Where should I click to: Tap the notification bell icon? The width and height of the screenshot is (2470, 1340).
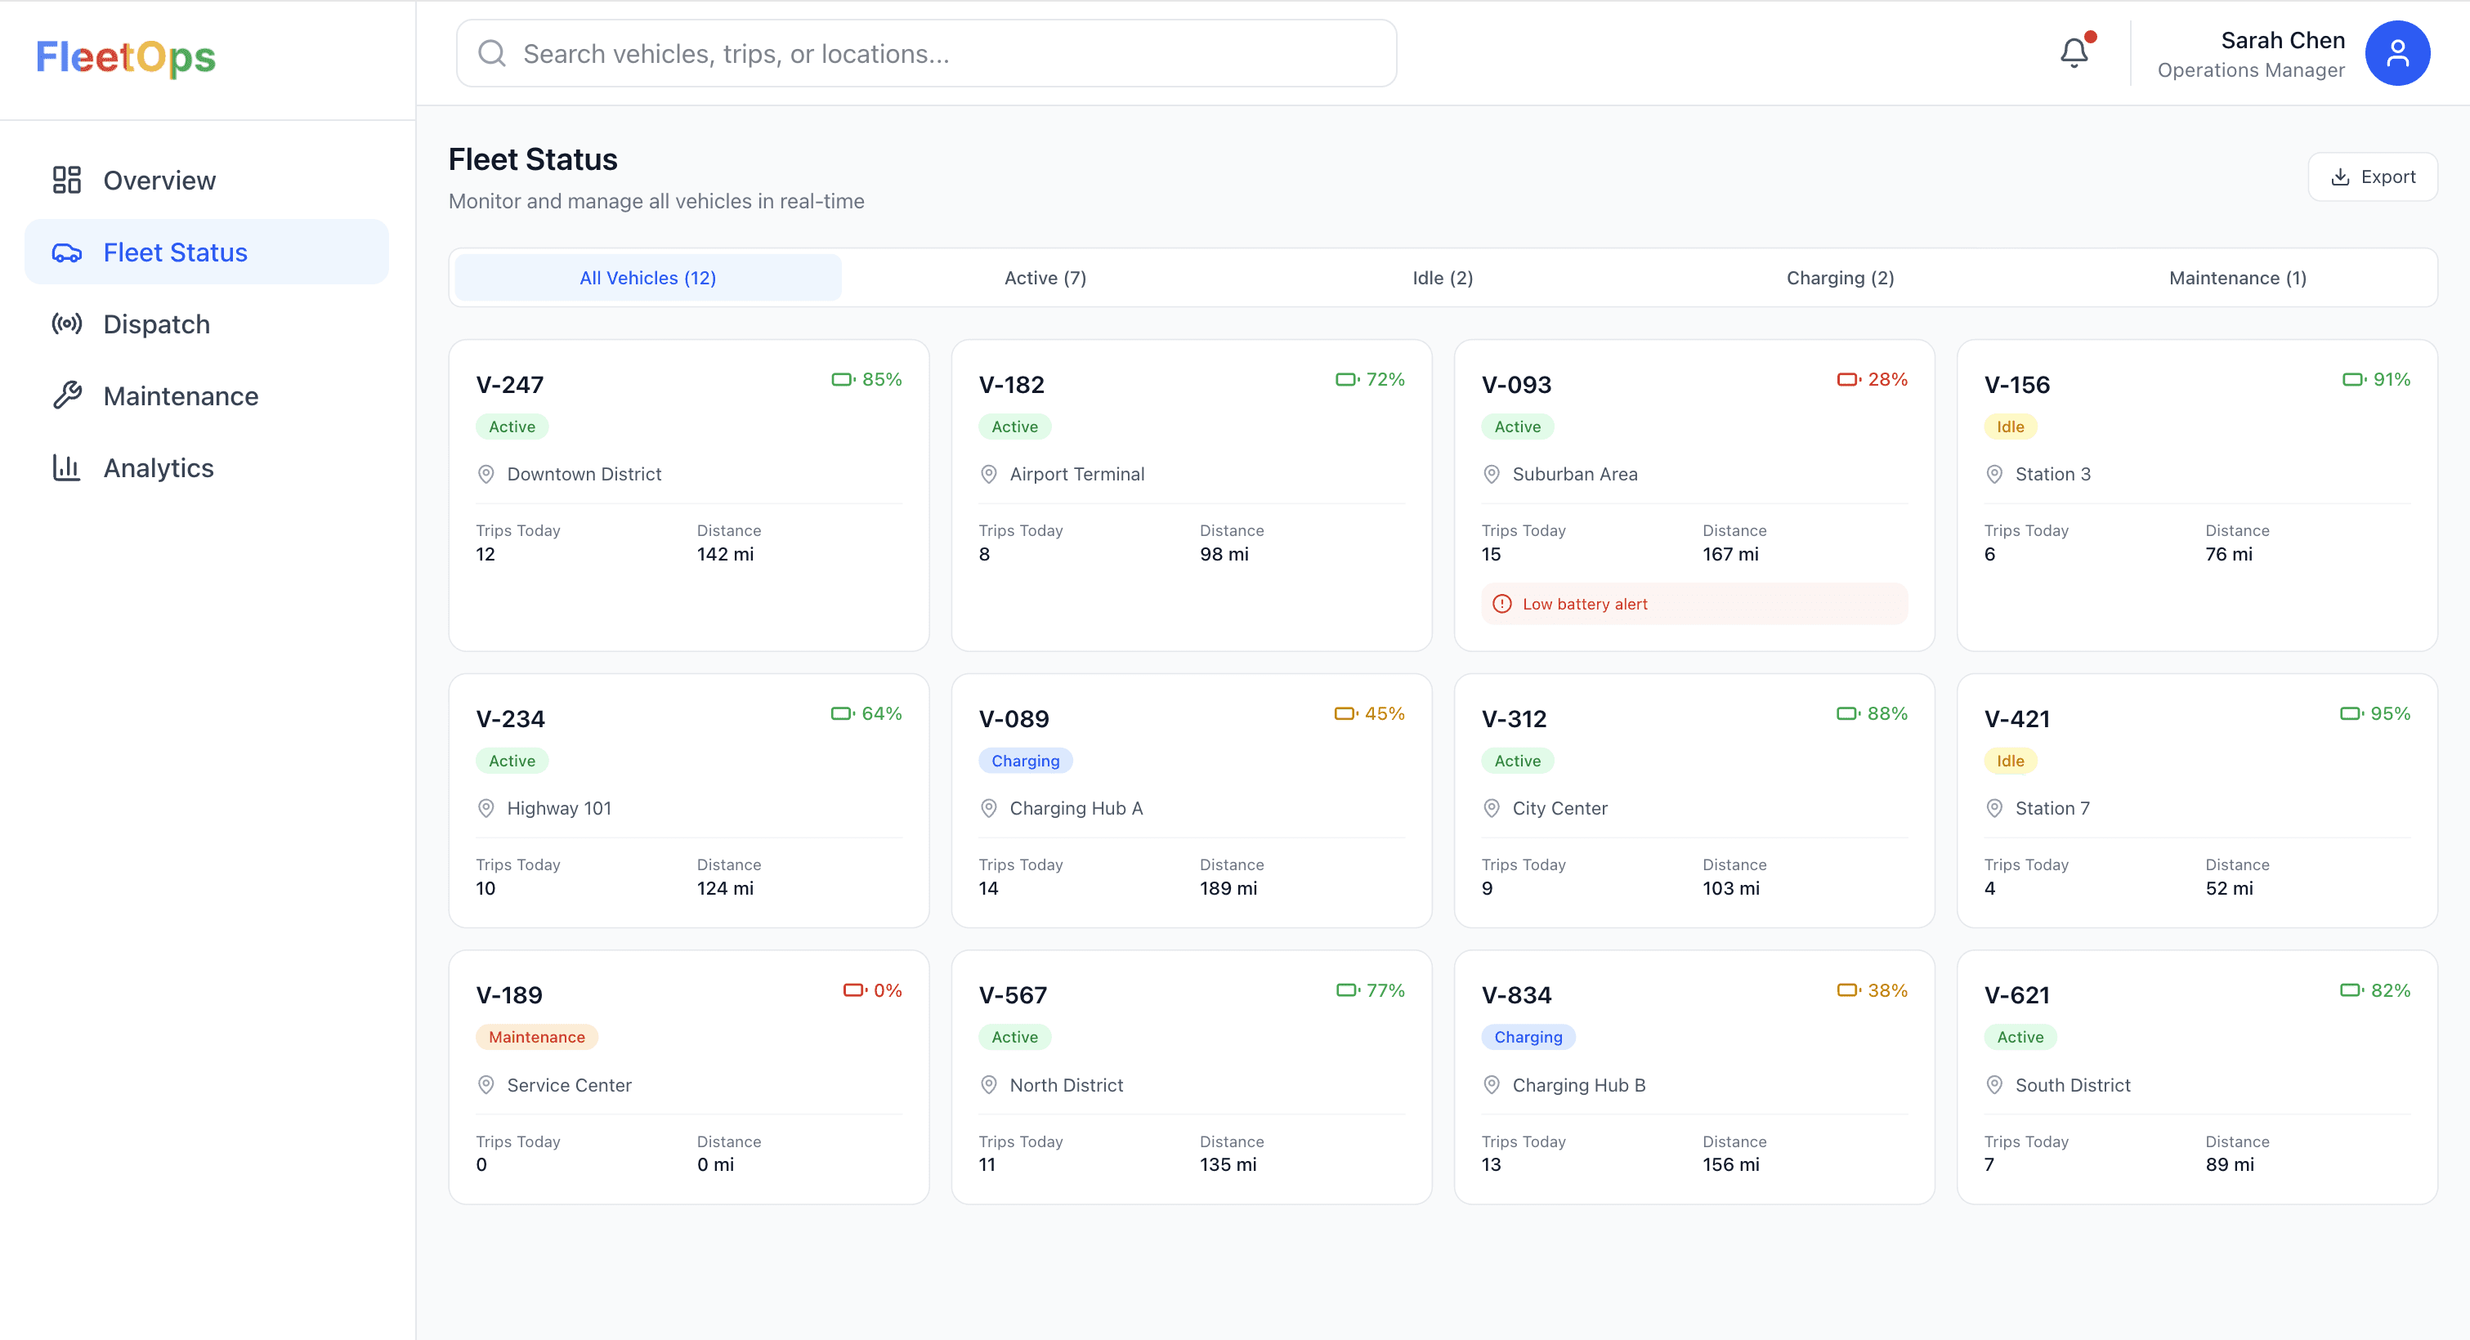[x=2074, y=53]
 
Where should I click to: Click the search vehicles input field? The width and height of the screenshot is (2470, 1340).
[x=925, y=54]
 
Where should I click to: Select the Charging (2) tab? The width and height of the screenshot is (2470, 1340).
[x=1839, y=278]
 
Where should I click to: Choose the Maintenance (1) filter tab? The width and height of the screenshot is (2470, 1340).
[x=2237, y=278]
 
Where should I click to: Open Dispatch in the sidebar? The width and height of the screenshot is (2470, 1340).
[x=156, y=324]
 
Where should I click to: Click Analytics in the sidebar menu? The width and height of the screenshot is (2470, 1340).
[x=159, y=467]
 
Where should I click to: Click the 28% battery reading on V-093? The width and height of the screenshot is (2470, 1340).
[x=1886, y=380]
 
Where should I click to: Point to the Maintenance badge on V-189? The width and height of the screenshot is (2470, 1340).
[x=536, y=1037]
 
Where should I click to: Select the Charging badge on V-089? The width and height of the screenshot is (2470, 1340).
[x=1025, y=761]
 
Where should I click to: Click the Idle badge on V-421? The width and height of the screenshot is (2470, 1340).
[x=2010, y=761]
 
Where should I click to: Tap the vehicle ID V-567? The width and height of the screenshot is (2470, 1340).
[x=1013, y=995]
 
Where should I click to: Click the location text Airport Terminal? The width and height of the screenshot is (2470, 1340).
[x=1076, y=475]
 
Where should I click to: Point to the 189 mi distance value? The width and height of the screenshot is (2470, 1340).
[x=1228, y=888]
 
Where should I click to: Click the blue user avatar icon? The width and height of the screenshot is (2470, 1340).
[x=2396, y=54]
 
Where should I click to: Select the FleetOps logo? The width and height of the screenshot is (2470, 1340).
[x=126, y=56]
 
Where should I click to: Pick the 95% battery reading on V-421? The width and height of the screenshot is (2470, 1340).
[x=2388, y=714]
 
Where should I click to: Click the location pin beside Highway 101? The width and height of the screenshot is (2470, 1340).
[x=486, y=809]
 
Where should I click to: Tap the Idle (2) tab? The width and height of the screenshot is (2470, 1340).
[x=1442, y=278]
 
